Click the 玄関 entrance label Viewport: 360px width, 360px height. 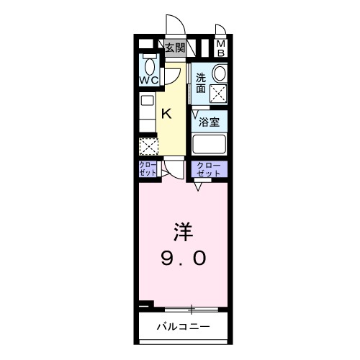[175, 48]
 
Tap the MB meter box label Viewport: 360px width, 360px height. [221, 48]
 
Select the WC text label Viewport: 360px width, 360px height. [149, 79]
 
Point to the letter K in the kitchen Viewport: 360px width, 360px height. [166, 112]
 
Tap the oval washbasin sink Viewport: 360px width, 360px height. [219, 74]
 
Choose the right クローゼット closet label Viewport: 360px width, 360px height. [209, 170]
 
